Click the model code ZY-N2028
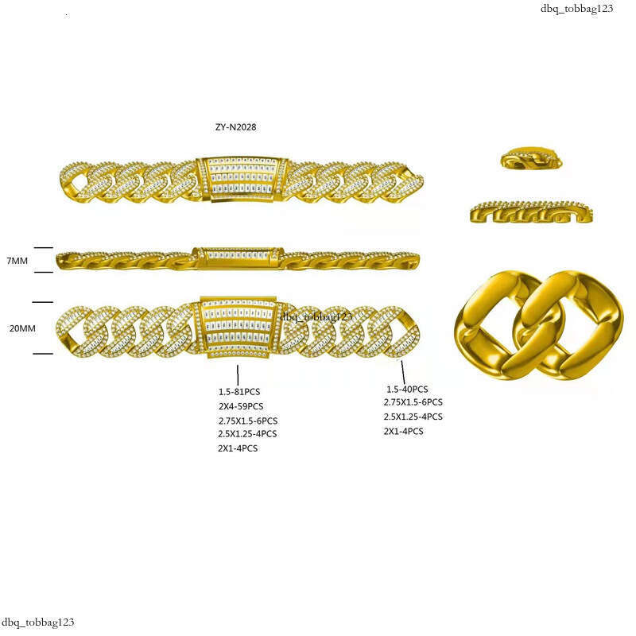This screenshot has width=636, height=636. click(235, 127)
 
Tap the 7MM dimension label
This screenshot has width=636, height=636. click(17, 261)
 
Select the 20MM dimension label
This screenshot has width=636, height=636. click(22, 328)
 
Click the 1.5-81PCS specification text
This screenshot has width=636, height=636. click(239, 392)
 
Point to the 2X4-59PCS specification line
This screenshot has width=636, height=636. click(241, 406)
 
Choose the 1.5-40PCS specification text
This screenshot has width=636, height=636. click(407, 390)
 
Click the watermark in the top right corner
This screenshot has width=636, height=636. click(576, 9)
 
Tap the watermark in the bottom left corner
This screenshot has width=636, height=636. click(37, 622)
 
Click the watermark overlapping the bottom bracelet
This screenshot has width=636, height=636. click(316, 316)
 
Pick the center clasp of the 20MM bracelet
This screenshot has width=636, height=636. click(238, 328)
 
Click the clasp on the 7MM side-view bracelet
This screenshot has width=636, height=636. click(238, 258)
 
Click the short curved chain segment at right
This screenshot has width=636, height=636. click(531, 211)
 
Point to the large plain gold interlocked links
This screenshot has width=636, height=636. click(538, 325)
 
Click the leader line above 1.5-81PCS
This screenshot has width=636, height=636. click(238, 374)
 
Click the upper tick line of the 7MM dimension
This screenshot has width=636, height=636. click(44, 247)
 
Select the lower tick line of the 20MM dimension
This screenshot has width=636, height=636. click(43, 354)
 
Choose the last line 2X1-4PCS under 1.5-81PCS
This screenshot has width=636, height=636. click(238, 448)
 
